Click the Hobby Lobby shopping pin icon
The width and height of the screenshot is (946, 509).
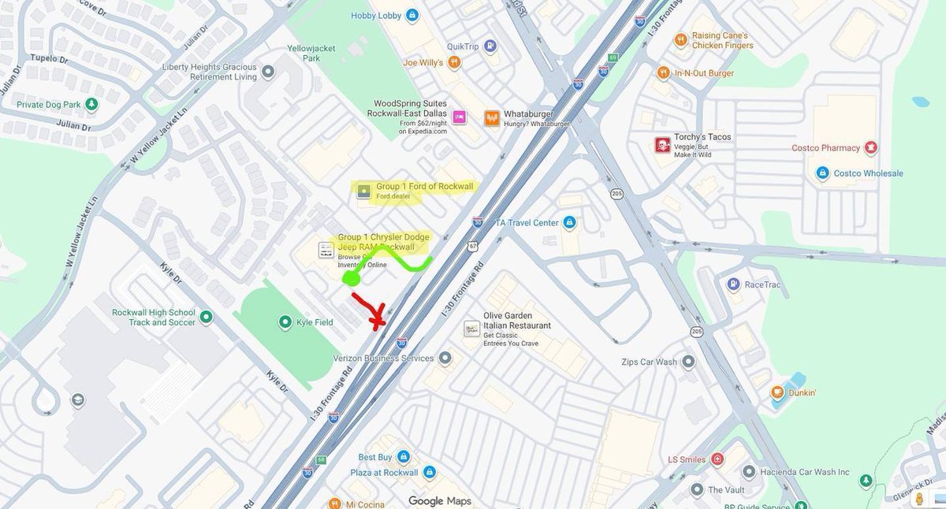click(x=412, y=15)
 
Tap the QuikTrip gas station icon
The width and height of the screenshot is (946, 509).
click(x=490, y=46)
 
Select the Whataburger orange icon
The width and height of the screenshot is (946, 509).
click(x=492, y=117)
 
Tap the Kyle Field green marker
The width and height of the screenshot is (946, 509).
click(x=285, y=322)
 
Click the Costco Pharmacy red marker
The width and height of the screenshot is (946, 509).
click(x=870, y=148)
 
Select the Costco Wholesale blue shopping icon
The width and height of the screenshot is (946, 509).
click(x=822, y=173)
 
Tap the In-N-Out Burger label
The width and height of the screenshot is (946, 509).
click(x=704, y=73)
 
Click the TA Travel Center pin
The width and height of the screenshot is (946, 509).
click(x=569, y=223)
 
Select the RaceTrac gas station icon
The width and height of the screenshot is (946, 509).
click(x=733, y=284)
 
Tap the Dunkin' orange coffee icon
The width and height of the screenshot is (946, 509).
click(x=777, y=392)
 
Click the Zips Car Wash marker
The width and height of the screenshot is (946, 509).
click(x=688, y=362)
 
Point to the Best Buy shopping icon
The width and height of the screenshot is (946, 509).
click(x=403, y=457)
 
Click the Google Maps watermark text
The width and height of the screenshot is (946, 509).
click(x=439, y=501)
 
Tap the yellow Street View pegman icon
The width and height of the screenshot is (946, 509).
click(x=919, y=499)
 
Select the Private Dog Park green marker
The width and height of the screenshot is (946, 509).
click(x=92, y=104)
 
